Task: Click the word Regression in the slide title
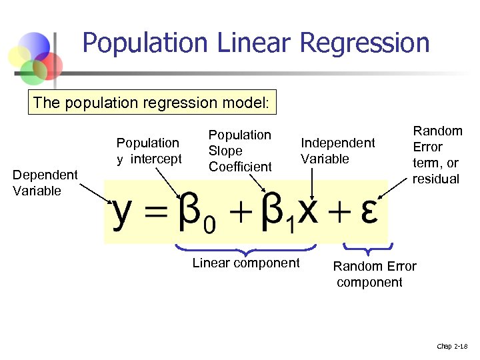pyautogui.click(x=365, y=43)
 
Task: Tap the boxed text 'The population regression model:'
pyautogui.click(x=153, y=103)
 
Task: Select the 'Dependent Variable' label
pyautogui.click(x=45, y=183)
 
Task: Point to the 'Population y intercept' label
pyautogui.click(x=149, y=151)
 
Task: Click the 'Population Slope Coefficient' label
pyautogui.click(x=240, y=151)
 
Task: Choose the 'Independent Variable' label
pyautogui.click(x=337, y=151)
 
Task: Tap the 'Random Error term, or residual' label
pyautogui.click(x=437, y=155)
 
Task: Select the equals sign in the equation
pyautogui.click(x=155, y=213)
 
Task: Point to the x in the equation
pyautogui.click(x=308, y=213)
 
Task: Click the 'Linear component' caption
pyautogui.click(x=246, y=263)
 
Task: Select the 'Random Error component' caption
pyautogui.click(x=375, y=274)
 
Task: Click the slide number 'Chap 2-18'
pyautogui.click(x=453, y=345)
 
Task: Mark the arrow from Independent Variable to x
pyautogui.click(x=312, y=180)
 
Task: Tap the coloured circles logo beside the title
pyautogui.click(x=37, y=57)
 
